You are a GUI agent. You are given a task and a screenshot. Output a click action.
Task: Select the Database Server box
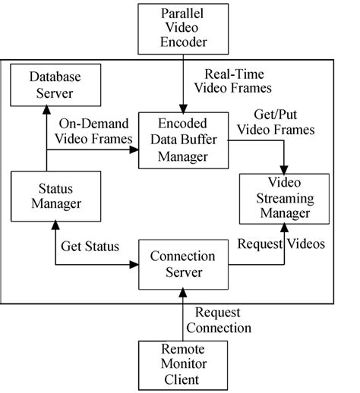point(47,85)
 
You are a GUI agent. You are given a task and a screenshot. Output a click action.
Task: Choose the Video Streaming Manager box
point(285,199)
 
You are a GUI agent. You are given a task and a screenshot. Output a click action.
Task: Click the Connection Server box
point(182,265)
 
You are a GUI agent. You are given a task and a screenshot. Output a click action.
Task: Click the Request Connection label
point(223,320)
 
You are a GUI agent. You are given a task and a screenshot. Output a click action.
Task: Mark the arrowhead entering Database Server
point(47,108)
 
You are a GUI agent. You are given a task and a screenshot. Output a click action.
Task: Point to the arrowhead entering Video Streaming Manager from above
point(285,170)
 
